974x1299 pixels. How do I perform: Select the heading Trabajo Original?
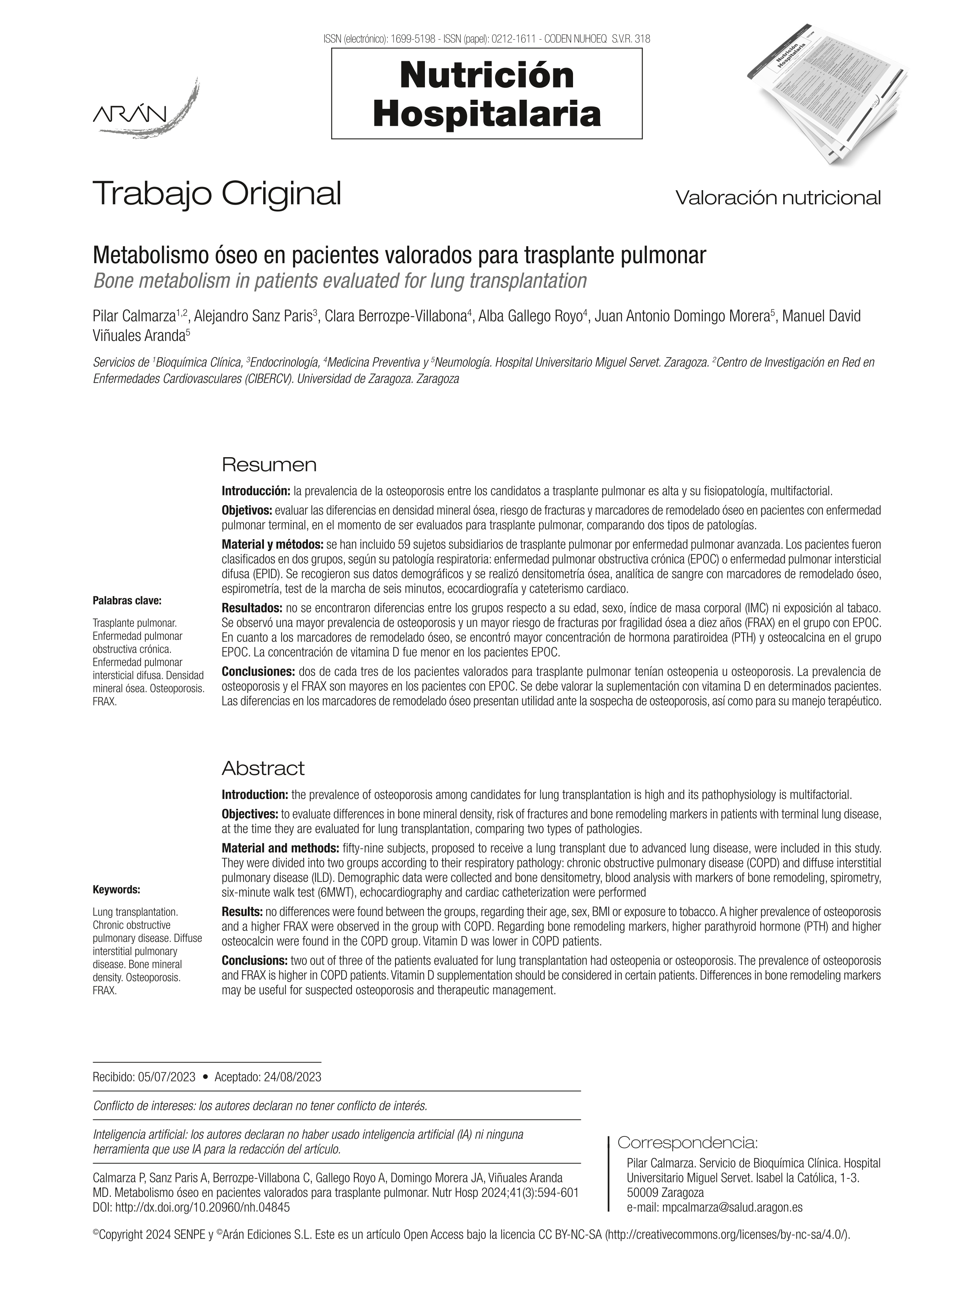tap(217, 193)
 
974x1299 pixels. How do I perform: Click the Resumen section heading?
tap(269, 465)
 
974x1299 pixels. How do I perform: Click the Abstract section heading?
tap(263, 768)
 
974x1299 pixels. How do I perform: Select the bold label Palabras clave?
tap(127, 600)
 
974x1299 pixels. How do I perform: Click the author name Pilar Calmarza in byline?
tap(134, 317)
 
